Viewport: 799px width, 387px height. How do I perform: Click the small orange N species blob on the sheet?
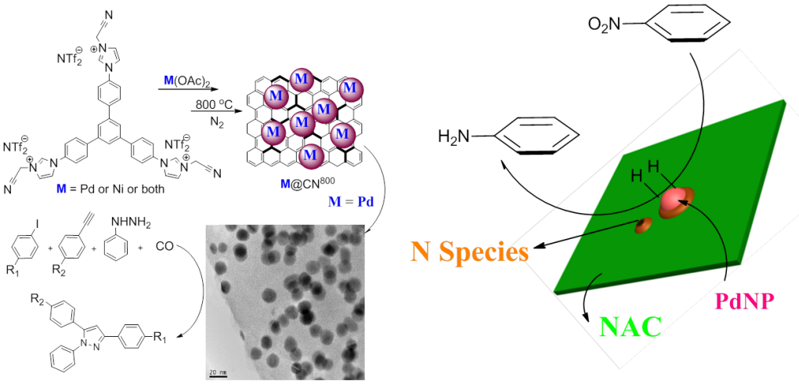(x=644, y=226)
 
